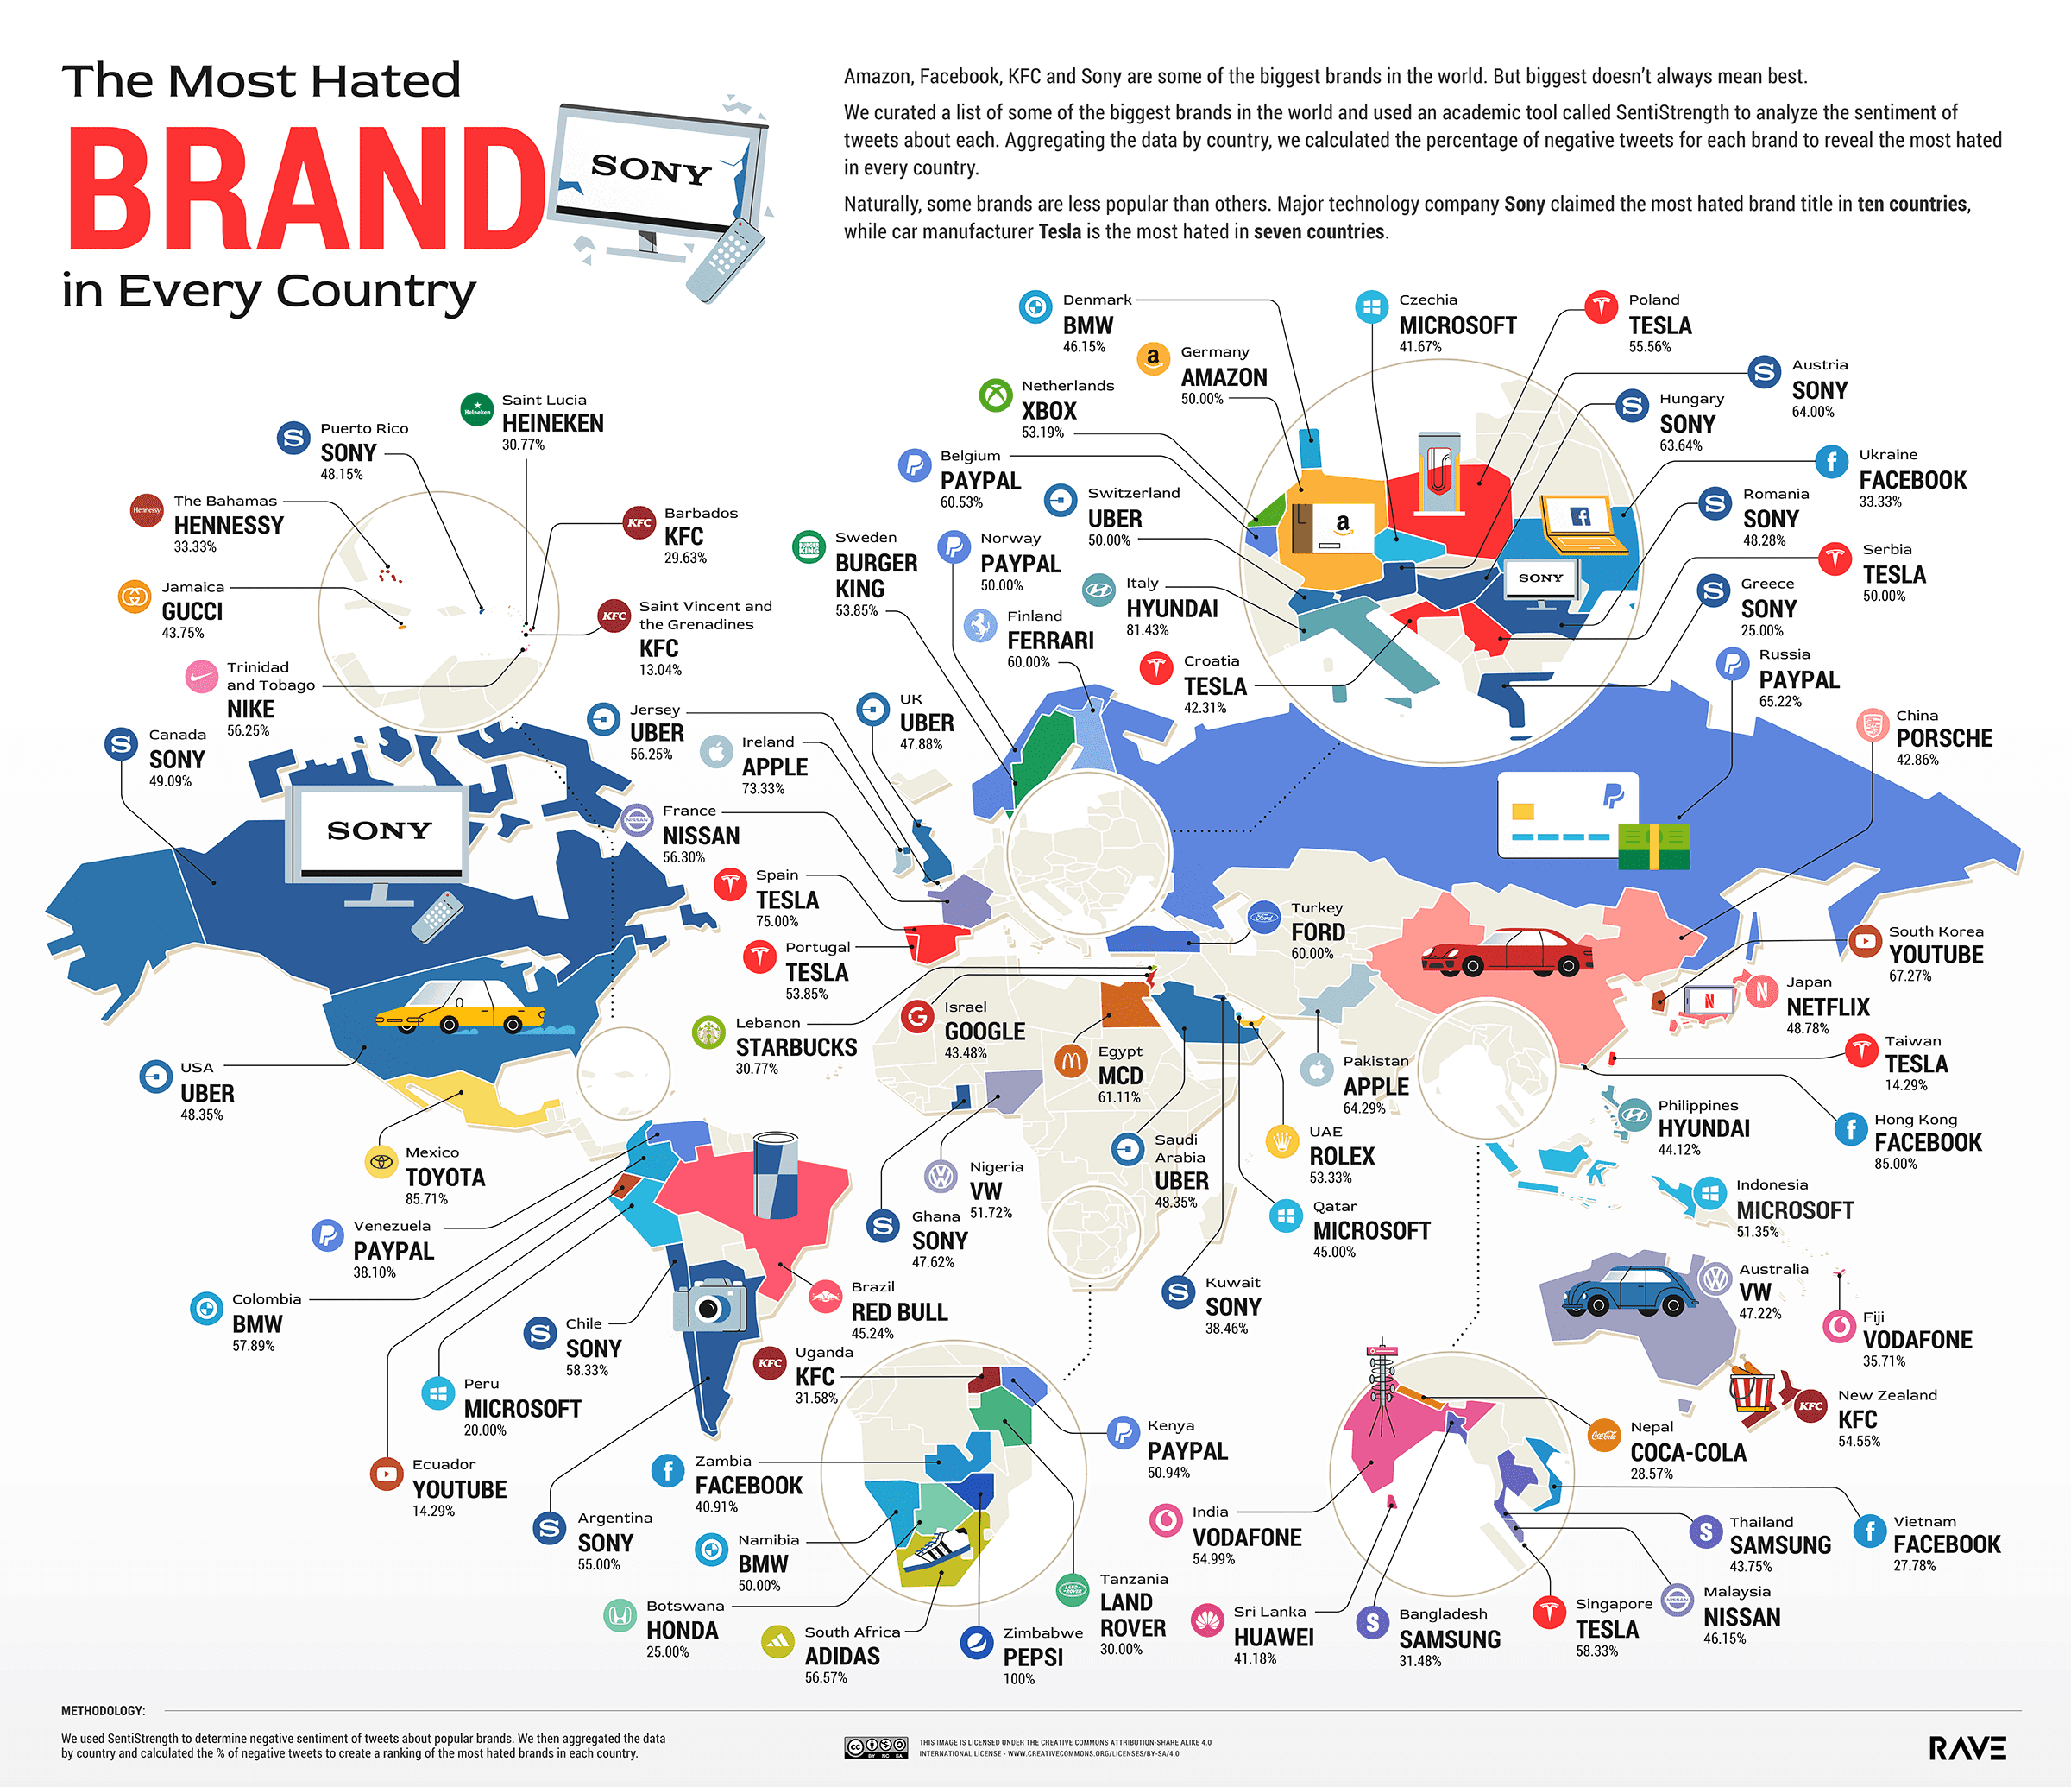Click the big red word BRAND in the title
pyautogui.click(x=305, y=190)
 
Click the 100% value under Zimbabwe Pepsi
pyautogui.click(x=1018, y=1679)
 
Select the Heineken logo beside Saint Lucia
pyautogui.click(x=477, y=409)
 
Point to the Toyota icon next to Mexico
pyautogui.click(x=381, y=1161)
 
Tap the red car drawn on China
pyautogui.click(x=1507, y=952)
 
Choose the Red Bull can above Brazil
pyautogui.click(x=775, y=1173)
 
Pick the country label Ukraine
pyautogui.click(x=1887, y=454)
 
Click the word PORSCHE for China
pyautogui.click(x=1943, y=738)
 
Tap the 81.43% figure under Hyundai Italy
pyautogui.click(x=1147, y=630)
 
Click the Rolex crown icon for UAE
pyautogui.click(x=1281, y=1141)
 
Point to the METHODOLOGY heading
pyautogui.click(x=103, y=1711)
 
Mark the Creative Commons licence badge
pyautogui.click(x=876, y=1747)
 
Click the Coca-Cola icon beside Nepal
pyautogui.click(x=1604, y=1435)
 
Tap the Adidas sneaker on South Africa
pyautogui.click(x=936, y=1552)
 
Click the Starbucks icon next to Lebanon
pyautogui.click(x=708, y=1032)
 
